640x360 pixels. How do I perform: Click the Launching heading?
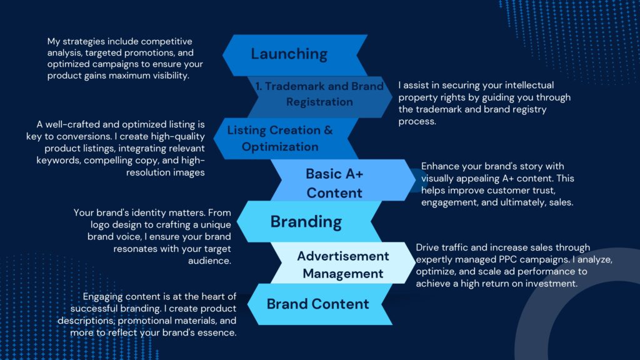coord(289,54)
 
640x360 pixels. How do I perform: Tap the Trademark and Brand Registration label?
coord(319,94)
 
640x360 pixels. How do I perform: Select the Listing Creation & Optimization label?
coord(280,138)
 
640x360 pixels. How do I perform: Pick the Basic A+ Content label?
coord(334,183)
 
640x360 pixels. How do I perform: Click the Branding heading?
coord(306,222)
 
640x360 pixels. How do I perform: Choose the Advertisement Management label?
coord(343,265)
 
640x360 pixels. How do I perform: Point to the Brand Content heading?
coord(317,304)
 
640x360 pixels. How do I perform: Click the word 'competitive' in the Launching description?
coord(166,42)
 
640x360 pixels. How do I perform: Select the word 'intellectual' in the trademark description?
coord(529,85)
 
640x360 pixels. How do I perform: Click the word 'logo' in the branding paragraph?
coord(100,225)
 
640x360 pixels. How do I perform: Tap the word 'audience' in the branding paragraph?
coord(209,261)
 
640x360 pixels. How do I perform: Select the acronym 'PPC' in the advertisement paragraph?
coord(508,259)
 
